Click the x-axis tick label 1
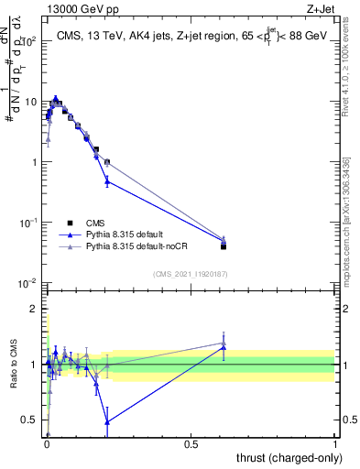334,443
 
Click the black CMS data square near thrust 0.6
224,246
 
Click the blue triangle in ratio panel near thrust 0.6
224,347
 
